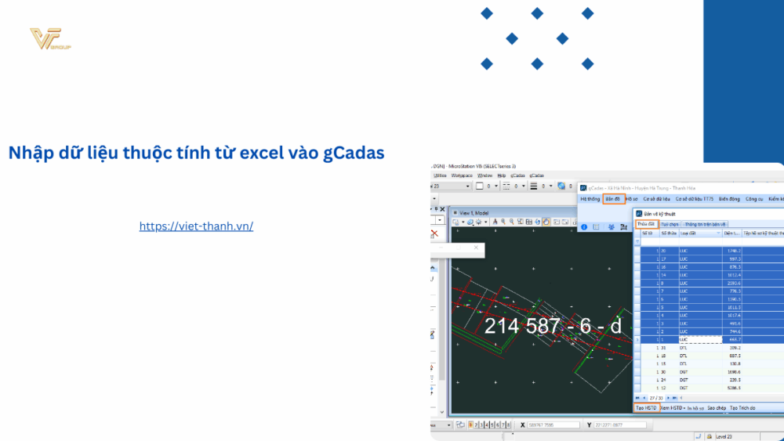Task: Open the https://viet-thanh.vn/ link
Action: [196, 226]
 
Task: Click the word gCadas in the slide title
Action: [354, 152]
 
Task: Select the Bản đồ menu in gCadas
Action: [613, 199]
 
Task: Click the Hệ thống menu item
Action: [590, 199]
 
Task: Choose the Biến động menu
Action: [729, 199]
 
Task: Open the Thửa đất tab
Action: [645, 224]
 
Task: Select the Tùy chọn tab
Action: [670, 224]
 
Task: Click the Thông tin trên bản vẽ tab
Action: [706, 224]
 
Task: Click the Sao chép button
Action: [717, 408]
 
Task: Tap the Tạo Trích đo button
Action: [742, 408]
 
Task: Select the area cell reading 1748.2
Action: [733, 250]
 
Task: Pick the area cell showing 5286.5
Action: [733, 388]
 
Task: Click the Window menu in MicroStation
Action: [485, 175]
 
